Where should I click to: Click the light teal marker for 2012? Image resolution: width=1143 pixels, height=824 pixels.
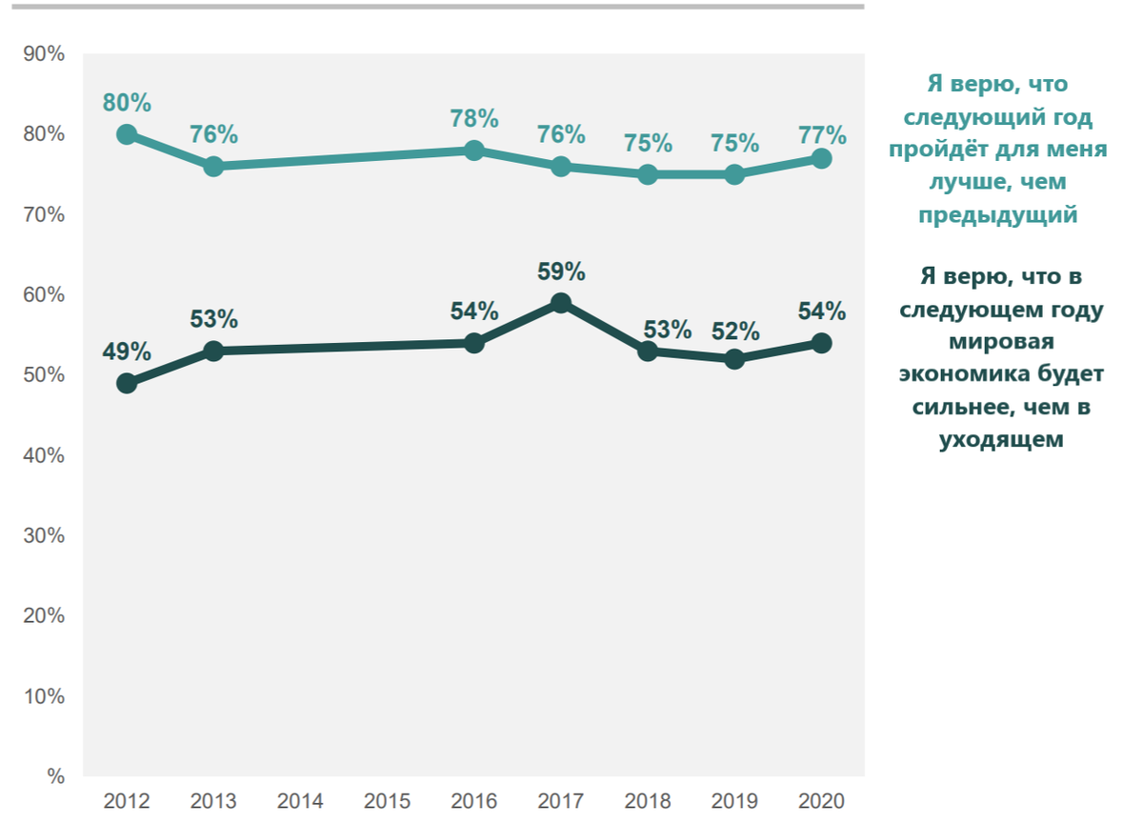[127, 134]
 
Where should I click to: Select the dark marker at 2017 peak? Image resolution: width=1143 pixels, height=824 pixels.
[561, 303]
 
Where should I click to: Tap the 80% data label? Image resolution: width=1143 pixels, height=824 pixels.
[128, 103]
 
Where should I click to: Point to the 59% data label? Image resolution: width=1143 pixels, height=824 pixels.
[561, 271]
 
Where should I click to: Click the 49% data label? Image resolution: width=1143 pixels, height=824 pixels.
[128, 352]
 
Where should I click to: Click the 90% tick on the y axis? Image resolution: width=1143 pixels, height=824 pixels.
[44, 54]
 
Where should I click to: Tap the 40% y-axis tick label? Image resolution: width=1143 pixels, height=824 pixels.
[44, 456]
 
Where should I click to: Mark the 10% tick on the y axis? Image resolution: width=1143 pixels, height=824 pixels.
[44, 697]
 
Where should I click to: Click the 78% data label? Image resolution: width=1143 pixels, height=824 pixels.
[474, 119]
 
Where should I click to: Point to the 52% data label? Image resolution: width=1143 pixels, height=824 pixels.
[735, 332]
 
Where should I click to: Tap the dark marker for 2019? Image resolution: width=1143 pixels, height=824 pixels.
[734, 359]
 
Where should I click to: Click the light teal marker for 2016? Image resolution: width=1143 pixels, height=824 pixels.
[474, 151]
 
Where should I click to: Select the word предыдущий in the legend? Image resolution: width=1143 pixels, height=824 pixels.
[997, 215]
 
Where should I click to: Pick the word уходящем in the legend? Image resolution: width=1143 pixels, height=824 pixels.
[1000, 439]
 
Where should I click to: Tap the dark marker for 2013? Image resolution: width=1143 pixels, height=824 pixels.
[213, 352]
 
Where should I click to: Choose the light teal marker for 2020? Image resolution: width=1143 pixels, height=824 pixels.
[821, 158]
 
